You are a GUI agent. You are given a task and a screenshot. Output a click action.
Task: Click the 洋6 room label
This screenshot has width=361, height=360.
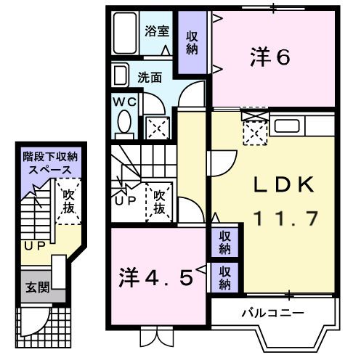[270, 57]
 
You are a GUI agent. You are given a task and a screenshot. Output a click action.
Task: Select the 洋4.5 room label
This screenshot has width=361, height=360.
[157, 277]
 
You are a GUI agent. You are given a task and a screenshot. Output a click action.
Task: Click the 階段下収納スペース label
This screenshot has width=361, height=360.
[49, 163]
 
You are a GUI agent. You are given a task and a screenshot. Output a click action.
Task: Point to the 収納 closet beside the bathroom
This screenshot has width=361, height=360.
[192, 43]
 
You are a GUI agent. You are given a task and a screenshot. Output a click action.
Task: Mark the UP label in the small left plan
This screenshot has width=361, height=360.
[34, 247]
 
